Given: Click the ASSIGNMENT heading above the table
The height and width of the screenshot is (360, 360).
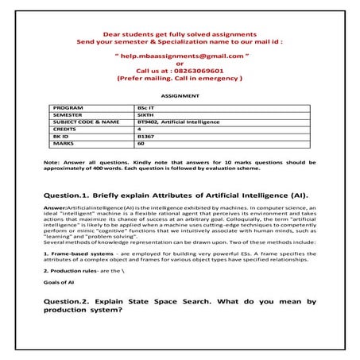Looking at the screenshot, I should point(180,94).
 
